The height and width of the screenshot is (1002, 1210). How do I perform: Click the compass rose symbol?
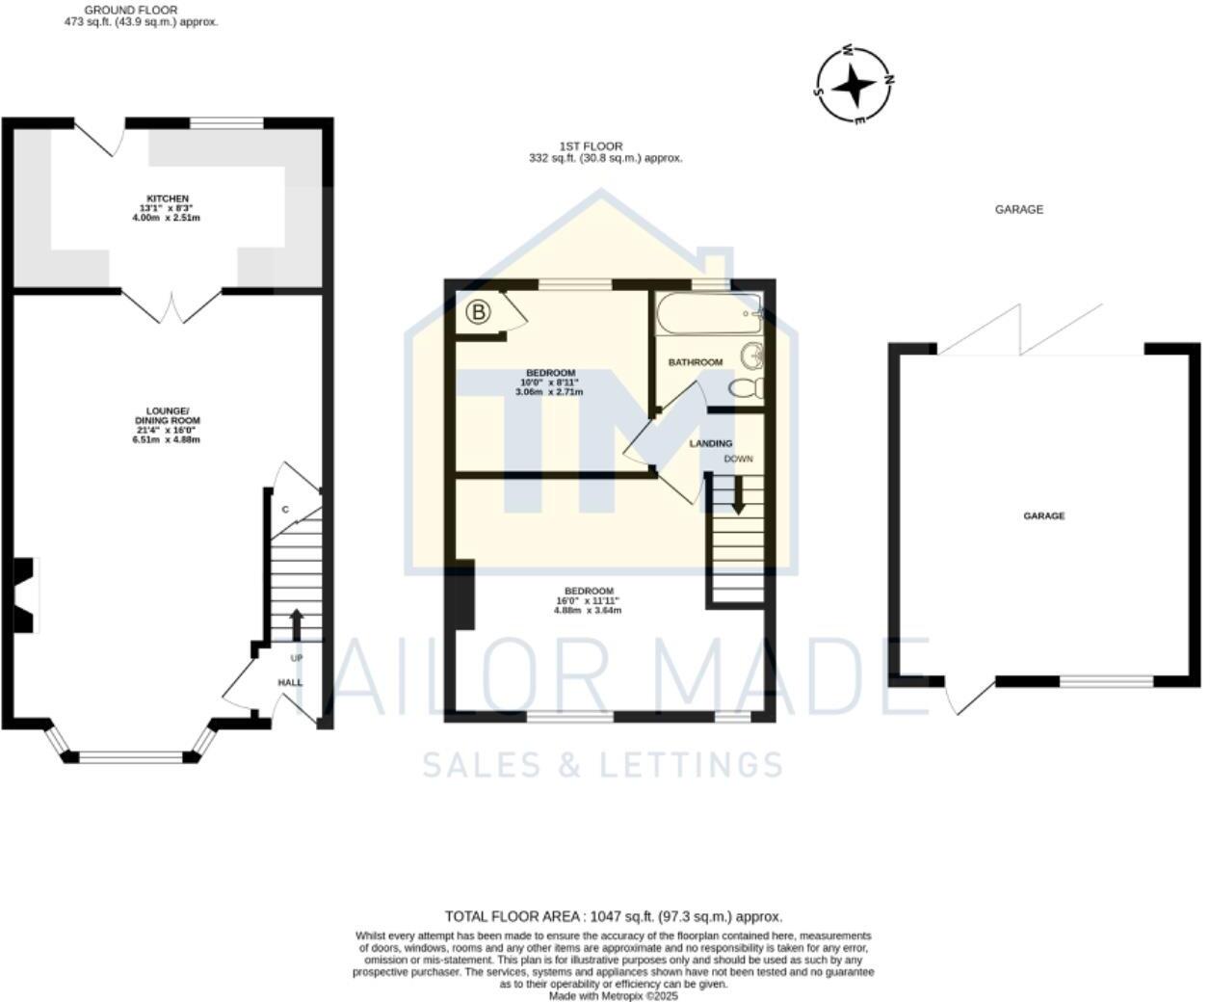854,87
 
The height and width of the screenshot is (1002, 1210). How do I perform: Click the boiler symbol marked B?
479,312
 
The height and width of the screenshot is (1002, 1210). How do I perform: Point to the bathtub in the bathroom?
708,314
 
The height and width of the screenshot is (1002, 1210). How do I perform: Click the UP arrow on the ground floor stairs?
295,623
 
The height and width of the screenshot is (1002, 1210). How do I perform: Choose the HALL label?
290,682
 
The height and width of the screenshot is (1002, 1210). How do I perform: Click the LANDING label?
711,443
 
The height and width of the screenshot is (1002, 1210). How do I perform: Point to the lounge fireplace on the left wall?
25,594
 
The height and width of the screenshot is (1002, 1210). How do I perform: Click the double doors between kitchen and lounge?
171,306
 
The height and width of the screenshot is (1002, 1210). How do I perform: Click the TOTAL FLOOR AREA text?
613,916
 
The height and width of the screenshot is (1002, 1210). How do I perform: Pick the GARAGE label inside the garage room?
1043,516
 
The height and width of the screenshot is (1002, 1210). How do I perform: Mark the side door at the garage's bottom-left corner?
968,698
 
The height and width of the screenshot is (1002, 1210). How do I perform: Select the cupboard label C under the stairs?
285,510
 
